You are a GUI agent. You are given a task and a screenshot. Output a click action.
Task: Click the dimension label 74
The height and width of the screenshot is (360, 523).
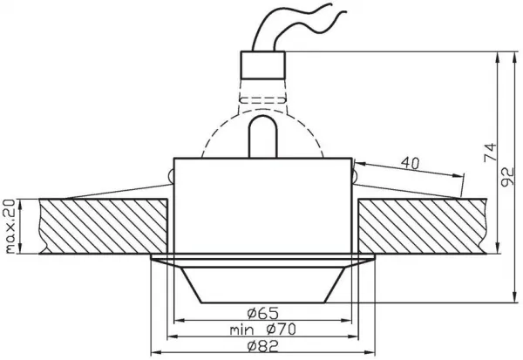click(490, 153)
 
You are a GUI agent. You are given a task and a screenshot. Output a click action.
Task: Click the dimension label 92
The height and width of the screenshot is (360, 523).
click(507, 177)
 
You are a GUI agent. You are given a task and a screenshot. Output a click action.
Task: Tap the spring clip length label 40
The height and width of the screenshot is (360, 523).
click(410, 163)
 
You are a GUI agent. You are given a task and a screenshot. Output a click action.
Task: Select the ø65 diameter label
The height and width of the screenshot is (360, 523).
click(263, 313)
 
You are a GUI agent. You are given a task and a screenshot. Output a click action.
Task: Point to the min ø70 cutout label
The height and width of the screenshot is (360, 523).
click(263, 329)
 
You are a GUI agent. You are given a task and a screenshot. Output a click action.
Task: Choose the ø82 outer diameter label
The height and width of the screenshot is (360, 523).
click(263, 347)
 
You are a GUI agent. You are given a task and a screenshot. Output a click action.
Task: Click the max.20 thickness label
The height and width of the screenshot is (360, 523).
click(10, 226)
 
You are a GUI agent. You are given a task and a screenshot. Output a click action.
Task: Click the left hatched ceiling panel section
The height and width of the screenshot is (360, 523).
click(103, 227)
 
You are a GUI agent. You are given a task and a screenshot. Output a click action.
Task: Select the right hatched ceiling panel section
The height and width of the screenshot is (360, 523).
click(422, 227)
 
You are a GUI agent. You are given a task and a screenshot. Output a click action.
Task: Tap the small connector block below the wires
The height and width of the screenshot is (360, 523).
click(263, 65)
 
